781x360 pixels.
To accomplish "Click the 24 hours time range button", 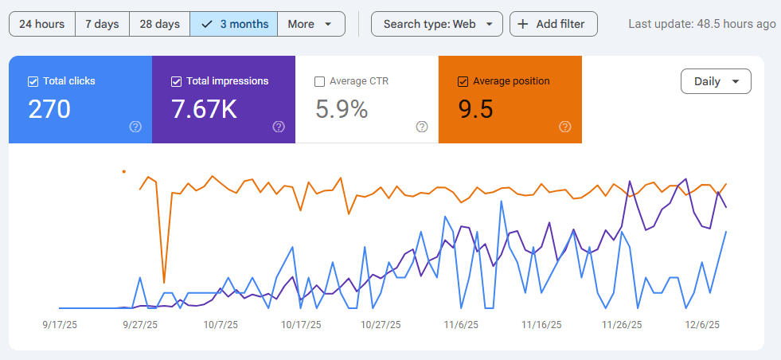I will point(41,24).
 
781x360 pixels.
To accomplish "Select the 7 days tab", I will point(102,24).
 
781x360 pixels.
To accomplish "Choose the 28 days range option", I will point(159,24).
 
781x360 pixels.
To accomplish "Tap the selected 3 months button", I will point(234,24).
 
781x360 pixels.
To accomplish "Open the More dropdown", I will point(310,24).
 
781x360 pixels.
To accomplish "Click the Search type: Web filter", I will point(437,24).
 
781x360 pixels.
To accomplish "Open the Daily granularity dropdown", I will point(716,81).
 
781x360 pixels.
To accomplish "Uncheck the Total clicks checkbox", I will point(33,81).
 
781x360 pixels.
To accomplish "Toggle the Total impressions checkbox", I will point(177,81).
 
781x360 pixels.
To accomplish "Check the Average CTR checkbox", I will point(320,81).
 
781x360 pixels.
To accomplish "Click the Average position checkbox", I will point(463,81).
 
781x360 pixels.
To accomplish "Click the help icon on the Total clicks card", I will point(135,127).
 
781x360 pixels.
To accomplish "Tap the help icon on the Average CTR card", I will point(422,127).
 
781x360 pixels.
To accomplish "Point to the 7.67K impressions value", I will point(204,109).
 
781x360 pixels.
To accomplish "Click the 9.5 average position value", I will point(476,109).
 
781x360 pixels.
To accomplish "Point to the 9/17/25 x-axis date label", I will point(60,325).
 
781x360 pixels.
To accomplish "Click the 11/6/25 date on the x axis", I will point(461,325).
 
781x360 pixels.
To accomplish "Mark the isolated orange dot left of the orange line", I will point(123,170).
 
